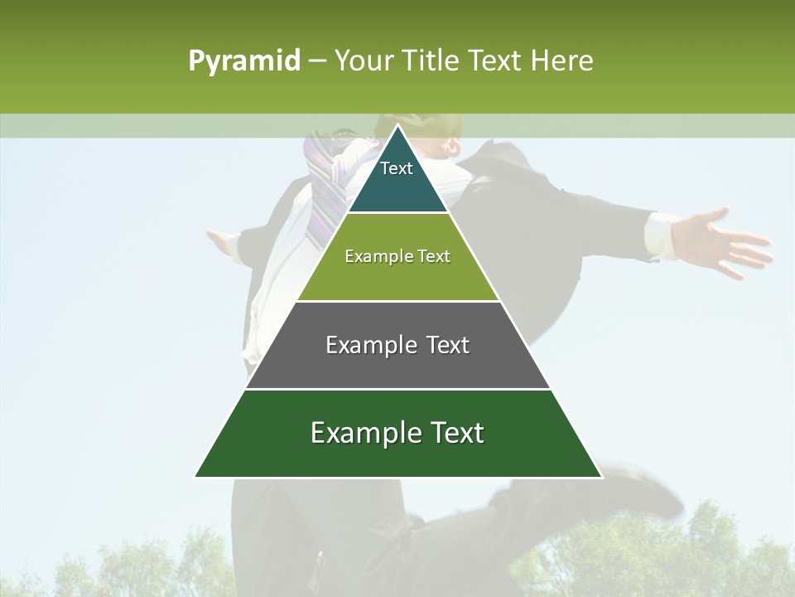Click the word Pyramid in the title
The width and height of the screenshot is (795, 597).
point(244,61)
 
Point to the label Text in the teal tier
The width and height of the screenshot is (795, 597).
point(397,168)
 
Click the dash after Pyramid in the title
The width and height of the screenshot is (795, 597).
point(317,61)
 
